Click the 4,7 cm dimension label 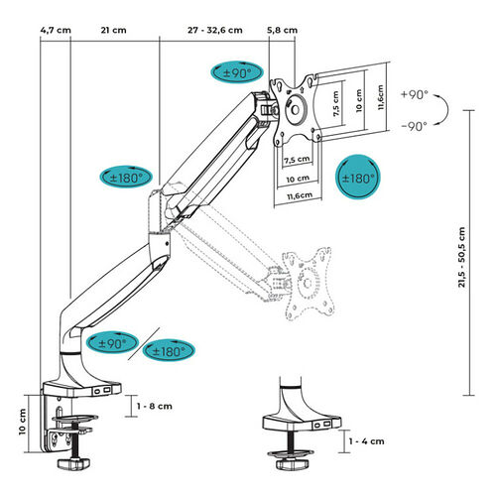click(x=56, y=30)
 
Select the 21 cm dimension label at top click(x=113, y=30)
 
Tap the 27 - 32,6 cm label click(x=215, y=30)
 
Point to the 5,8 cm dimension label click(x=282, y=30)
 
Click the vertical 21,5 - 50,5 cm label click(x=462, y=257)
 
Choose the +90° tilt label click(x=415, y=95)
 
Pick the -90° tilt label click(x=415, y=126)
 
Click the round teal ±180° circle click(x=358, y=177)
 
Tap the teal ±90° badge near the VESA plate click(x=237, y=72)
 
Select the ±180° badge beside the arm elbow click(x=126, y=177)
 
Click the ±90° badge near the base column click(x=112, y=342)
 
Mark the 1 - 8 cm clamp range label click(x=155, y=406)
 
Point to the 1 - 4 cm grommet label click(x=367, y=441)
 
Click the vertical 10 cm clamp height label click(x=22, y=422)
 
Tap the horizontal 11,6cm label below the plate click(x=300, y=195)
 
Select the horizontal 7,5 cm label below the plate click(x=297, y=160)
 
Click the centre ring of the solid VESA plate click(x=296, y=110)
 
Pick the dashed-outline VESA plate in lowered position click(x=309, y=282)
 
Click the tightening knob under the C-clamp click(x=73, y=463)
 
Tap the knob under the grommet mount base click(x=292, y=463)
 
